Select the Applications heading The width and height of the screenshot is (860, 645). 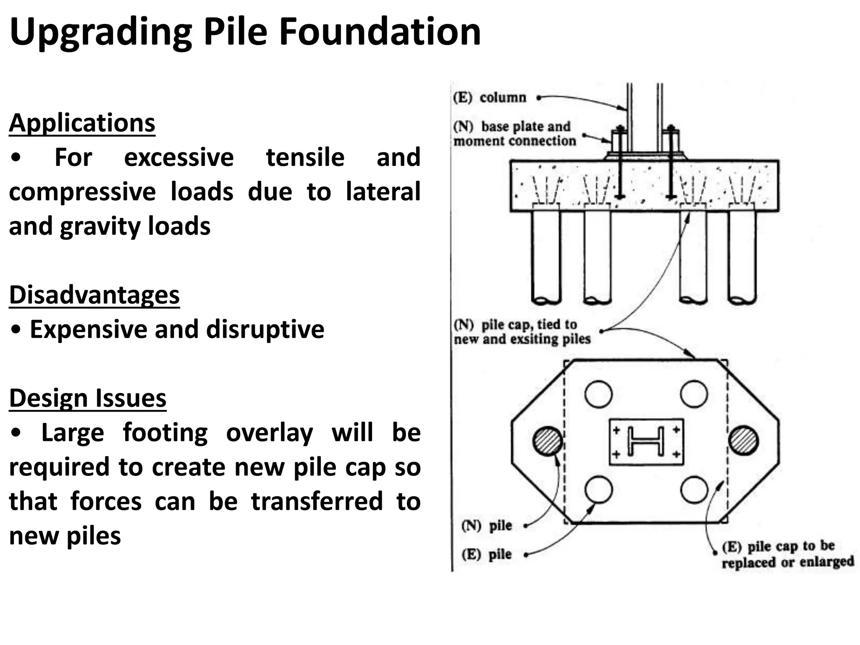[82, 123]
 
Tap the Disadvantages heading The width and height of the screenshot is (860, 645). [94, 295]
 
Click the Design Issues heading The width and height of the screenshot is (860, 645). [88, 398]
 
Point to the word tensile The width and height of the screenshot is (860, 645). [305, 157]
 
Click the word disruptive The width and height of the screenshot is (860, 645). [265, 329]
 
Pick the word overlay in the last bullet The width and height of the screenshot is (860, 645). [269, 433]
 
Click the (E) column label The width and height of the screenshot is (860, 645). [490, 98]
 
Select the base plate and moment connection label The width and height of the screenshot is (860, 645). [514, 134]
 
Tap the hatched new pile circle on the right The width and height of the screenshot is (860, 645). [743, 440]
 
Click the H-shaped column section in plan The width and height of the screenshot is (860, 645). [646, 441]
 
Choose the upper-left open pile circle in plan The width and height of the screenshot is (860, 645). [598, 394]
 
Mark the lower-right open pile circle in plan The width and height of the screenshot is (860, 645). [694, 490]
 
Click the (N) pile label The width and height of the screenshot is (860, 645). [487, 526]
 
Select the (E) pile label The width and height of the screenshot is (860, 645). [487, 555]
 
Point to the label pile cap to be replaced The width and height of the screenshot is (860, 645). [787, 554]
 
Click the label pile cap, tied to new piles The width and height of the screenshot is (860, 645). [522, 332]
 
